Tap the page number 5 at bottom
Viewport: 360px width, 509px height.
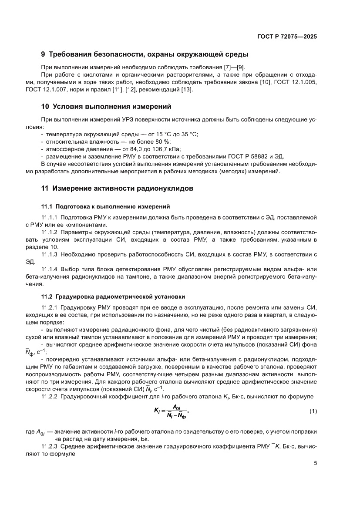(315, 463)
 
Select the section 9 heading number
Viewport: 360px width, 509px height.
(43, 55)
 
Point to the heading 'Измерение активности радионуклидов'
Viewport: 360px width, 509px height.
(123, 189)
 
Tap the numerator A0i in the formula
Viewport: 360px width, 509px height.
(177, 407)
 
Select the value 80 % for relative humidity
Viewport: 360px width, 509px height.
(164, 142)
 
